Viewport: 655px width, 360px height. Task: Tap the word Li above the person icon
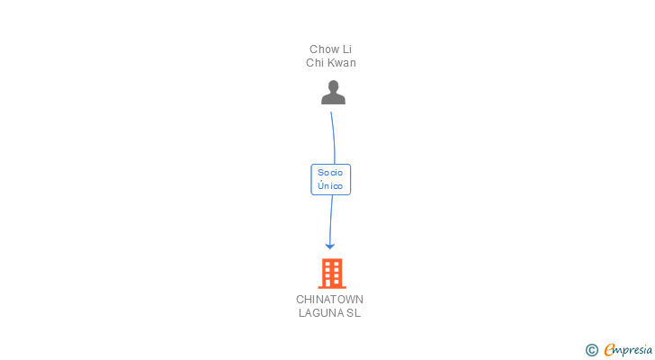[x=347, y=49]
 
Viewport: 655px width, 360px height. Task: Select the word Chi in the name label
[x=313, y=63]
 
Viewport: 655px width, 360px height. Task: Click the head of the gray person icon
[x=333, y=86]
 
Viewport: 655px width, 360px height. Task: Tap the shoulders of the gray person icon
[x=333, y=99]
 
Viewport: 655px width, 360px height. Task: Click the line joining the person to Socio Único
[x=334, y=138]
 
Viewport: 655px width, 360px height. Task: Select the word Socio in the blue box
[x=330, y=173]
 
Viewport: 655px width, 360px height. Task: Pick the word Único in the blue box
[x=330, y=185]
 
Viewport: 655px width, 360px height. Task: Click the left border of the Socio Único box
[x=311, y=180]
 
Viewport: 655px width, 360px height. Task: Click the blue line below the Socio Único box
[x=331, y=220]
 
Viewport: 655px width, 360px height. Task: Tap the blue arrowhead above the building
[x=330, y=247]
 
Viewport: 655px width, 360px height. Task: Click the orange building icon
[x=332, y=274]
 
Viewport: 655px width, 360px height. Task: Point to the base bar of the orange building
[x=332, y=287]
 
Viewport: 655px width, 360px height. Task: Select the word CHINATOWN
[x=329, y=300]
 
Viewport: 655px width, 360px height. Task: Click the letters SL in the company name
[x=353, y=313]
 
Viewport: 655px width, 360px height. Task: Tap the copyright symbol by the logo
[x=591, y=350]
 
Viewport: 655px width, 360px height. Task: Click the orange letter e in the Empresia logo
[x=609, y=349]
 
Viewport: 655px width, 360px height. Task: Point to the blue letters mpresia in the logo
[x=633, y=350]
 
